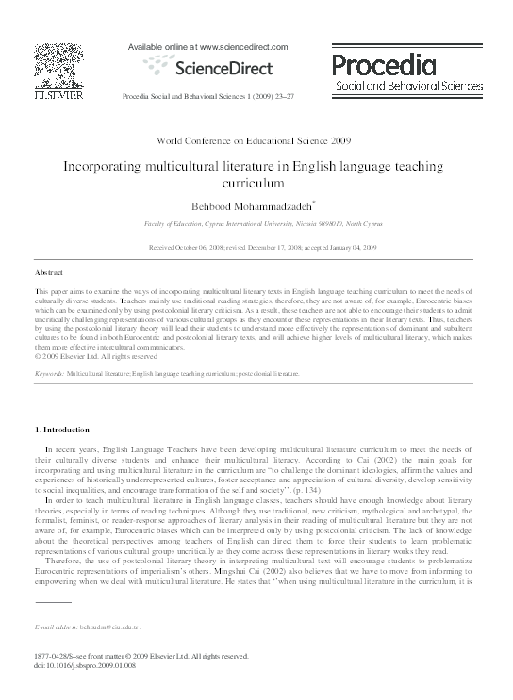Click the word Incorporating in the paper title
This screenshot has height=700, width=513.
[x=103, y=163]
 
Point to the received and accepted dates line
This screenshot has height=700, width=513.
[x=256, y=247]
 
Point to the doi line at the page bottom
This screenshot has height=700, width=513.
[x=86, y=664]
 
